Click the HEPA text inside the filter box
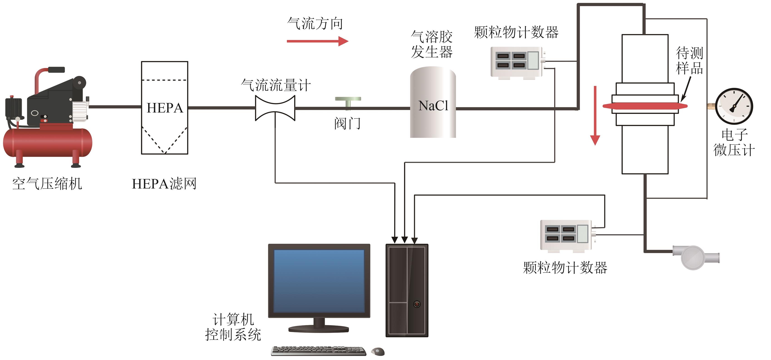[165, 108]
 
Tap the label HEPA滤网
[164, 184]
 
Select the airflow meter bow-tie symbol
[275, 108]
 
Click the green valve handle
[348, 100]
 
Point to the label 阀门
[347, 123]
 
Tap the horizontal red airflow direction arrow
[317, 41]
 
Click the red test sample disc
[645, 106]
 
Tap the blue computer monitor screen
[319, 281]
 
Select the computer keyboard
[319, 351]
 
